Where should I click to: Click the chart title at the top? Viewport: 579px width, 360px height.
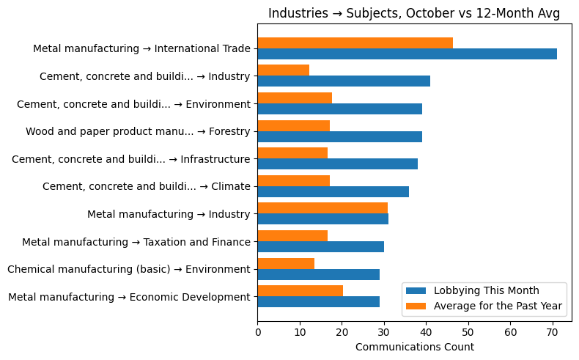(414, 13)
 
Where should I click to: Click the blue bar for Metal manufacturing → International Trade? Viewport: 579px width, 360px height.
(407, 54)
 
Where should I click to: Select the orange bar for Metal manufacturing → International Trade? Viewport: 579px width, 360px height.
(355, 43)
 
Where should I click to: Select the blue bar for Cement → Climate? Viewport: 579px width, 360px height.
(333, 191)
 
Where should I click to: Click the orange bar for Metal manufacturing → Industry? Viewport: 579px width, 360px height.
(322, 208)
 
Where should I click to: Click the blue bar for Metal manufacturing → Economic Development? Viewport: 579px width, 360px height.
(318, 301)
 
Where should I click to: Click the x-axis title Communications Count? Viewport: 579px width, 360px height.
(414, 347)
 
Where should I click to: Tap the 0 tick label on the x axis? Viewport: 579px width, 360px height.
(258, 332)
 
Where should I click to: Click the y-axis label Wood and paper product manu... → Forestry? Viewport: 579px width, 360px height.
(138, 132)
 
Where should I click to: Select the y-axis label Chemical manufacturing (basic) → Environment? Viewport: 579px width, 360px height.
(129, 269)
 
